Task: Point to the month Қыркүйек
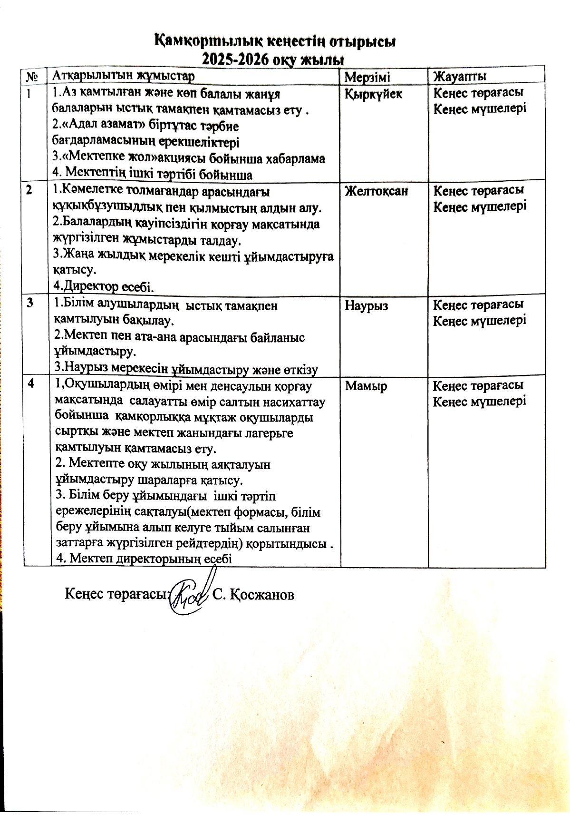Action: pyautogui.click(x=373, y=94)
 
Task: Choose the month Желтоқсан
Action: pyautogui.click(x=376, y=191)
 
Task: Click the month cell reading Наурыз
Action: pyautogui.click(x=366, y=305)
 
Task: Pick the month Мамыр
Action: pyautogui.click(x=366, y=386)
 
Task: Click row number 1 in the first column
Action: pyautogui.click(x=30, y=93)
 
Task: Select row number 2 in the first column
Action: pyautogui.click(x=30, y=190)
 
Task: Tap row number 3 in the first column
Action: pyautogui.click(x=30, y=303)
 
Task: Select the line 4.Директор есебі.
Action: pyautogui.click(x=103, y=287)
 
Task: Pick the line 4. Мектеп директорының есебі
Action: pyautogui.click(x=144, y=558)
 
